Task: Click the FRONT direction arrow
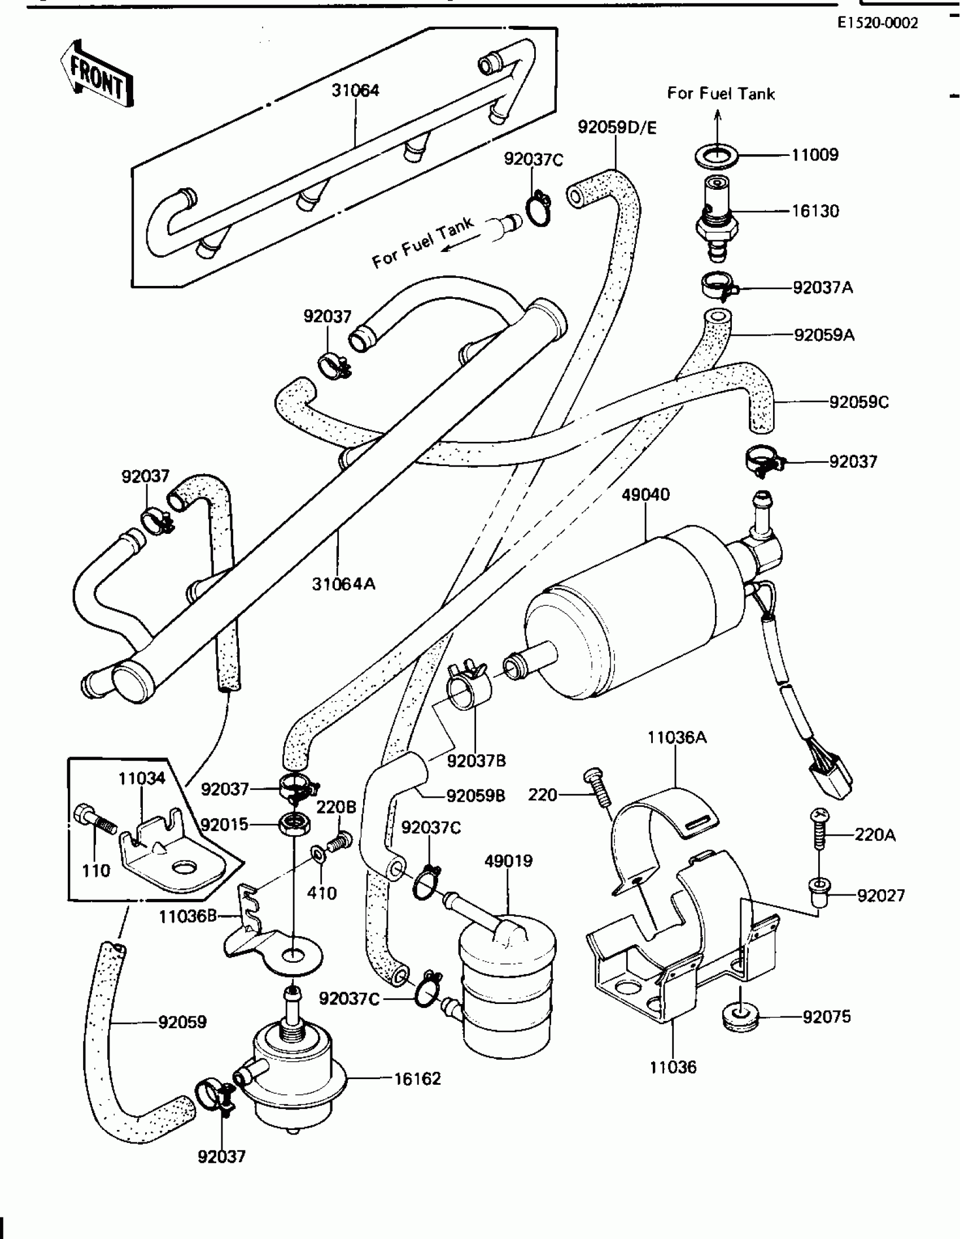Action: coord(97,74)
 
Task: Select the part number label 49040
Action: coord(645,495)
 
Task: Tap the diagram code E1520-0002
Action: coord(877,23)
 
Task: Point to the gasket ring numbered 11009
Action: coord(717,156)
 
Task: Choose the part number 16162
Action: coord(417,1079)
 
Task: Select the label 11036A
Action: coord(677,737)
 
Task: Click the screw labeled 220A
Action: coord(819,829)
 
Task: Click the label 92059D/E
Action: coord(617,127)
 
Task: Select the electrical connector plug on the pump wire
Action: coord(831,778)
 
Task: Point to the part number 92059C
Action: coord(859,402)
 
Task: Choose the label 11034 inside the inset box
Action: coord(142,778)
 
